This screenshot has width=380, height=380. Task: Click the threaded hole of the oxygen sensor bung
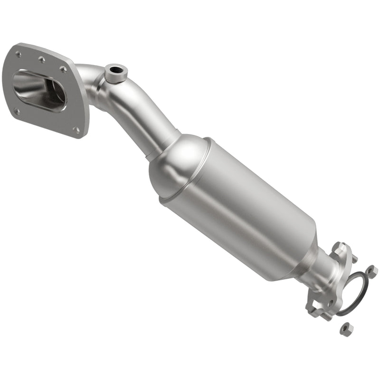click(115, 72)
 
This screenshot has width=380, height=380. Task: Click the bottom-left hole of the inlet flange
click(18, 112)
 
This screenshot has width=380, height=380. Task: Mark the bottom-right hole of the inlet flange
click(76, 129)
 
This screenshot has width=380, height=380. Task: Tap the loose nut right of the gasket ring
click(371, 271)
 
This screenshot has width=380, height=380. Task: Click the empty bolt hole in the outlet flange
click(330, 303)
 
